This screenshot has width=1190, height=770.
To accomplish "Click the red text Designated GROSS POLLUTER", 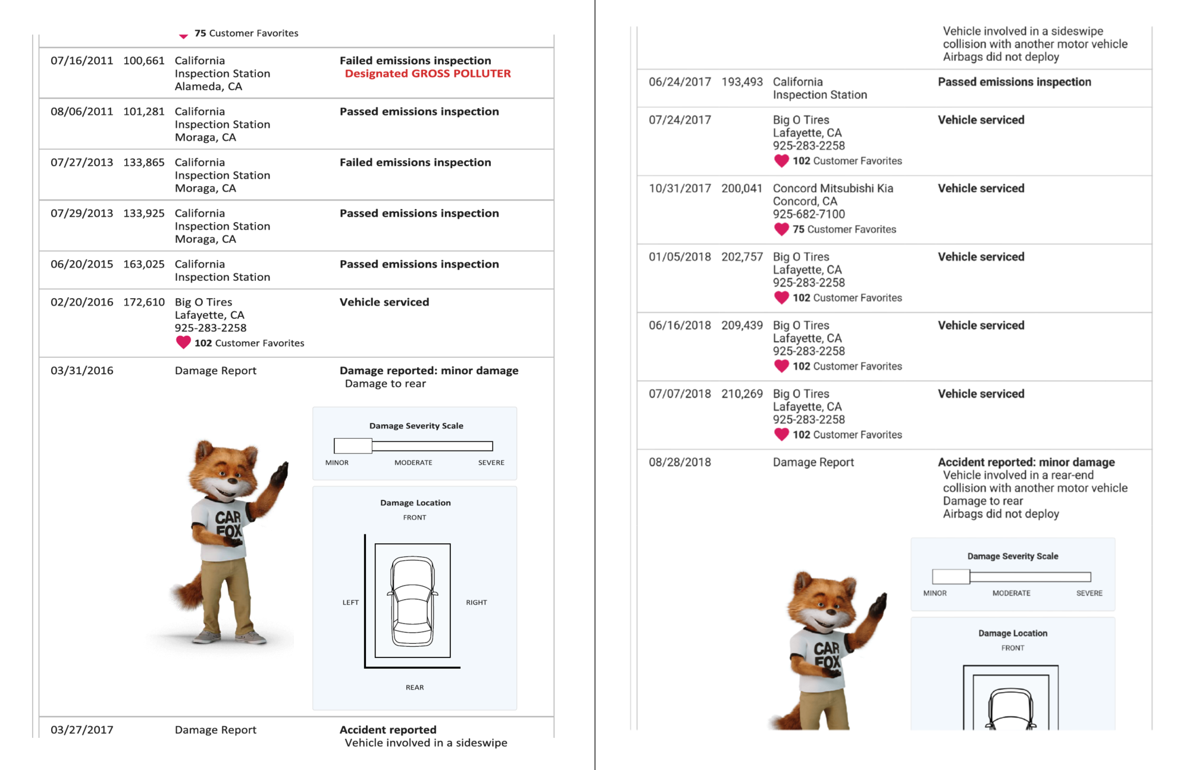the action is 428,73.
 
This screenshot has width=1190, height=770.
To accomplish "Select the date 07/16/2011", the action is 82,61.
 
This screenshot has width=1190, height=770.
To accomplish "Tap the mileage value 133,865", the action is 144,162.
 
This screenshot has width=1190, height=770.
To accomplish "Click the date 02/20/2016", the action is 82,302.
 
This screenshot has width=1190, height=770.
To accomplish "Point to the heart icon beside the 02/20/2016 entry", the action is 183,342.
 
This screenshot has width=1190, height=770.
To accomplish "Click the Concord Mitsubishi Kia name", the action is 833,188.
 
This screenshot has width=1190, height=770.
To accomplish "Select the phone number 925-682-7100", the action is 809,214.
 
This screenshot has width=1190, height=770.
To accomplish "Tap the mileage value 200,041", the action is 742,189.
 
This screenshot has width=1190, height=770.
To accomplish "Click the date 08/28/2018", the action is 679,462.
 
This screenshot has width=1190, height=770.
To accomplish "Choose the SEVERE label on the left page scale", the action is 491,462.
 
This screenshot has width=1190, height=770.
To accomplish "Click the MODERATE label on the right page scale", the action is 1011,593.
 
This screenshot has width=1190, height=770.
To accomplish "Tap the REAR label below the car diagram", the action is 415,687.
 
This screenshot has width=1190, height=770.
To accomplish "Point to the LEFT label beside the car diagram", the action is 350,602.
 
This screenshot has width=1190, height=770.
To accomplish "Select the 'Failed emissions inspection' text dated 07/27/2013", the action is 415,162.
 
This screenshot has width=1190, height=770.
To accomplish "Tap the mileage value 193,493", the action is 742,82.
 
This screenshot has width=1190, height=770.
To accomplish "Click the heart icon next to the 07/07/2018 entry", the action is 781,434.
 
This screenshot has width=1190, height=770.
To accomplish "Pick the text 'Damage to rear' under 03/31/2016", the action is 386,384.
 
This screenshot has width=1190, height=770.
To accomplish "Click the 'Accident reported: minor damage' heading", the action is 1026,462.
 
